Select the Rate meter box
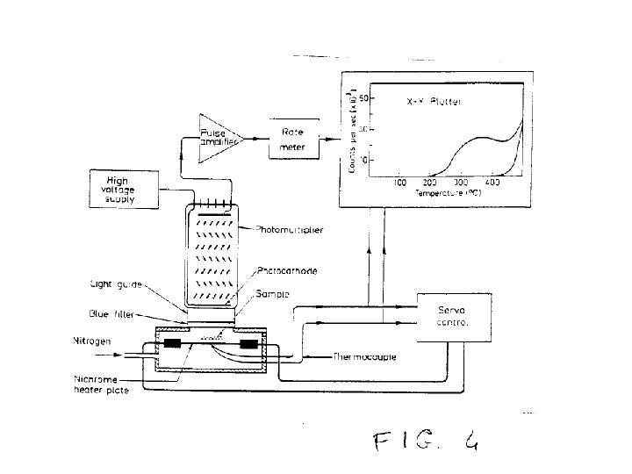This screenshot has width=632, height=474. [292, 139]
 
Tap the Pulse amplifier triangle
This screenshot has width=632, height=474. [217, 139]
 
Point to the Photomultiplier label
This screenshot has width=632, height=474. [290, 230]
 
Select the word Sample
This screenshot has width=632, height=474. [274, 293]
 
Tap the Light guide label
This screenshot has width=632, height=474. [115, 284]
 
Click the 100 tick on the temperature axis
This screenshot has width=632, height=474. [401, 183]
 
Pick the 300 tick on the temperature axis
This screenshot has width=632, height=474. [457, 183]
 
